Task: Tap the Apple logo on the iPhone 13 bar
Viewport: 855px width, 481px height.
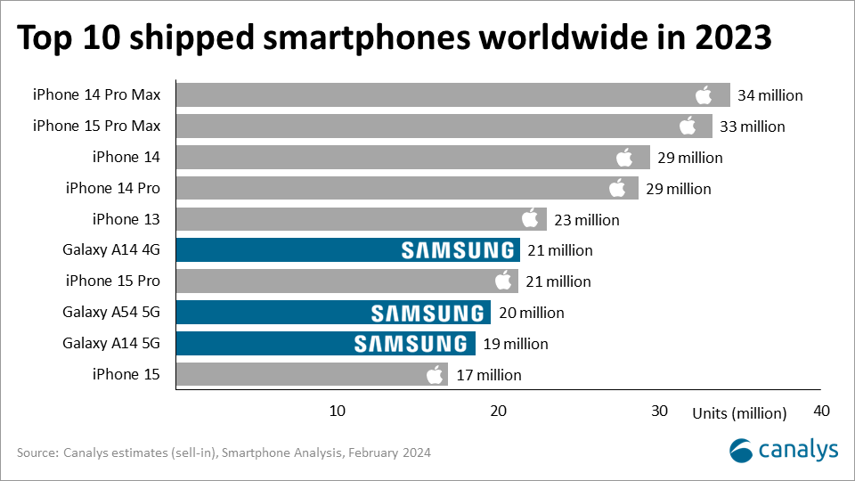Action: coord(531,219)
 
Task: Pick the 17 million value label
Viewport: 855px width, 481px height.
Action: coord(488,375)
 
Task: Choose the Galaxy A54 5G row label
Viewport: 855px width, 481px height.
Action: coord(111,313)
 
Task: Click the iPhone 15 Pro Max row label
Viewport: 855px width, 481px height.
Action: coord(96,126)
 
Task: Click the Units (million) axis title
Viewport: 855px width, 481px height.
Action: coord(739,412)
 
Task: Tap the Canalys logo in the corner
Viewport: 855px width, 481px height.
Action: coord(784,450)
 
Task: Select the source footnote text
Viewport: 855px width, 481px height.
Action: coord(224,452)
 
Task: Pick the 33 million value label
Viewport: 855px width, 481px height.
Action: coord(752,126)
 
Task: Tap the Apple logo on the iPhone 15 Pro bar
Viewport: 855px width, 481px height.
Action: coord(504,281)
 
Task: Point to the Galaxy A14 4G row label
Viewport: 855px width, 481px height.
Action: coord(111,250)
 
